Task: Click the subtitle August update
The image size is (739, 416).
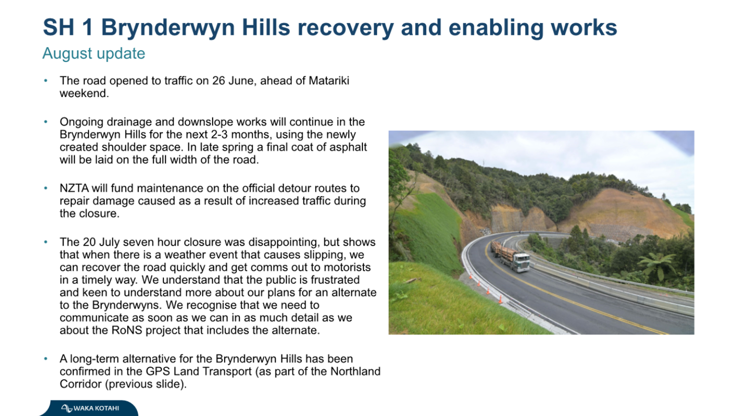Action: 94,54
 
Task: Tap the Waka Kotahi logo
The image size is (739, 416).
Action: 90,408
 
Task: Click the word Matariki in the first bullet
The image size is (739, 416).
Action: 329,80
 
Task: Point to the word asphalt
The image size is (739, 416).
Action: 348,147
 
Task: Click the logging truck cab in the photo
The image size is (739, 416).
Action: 521,262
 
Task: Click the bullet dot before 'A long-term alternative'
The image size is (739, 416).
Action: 46,359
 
